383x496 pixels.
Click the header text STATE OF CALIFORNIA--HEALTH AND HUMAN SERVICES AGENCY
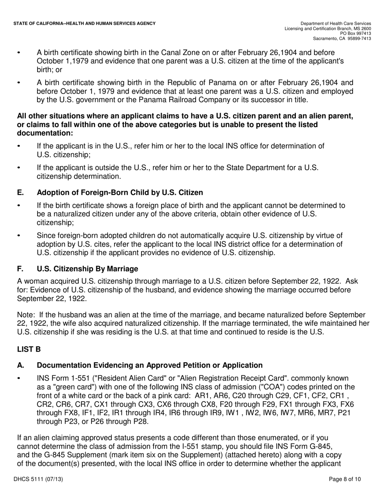(x=84, y=24)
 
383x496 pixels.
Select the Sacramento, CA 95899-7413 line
(x=342, y=39)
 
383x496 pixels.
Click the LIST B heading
(x=29, y=349)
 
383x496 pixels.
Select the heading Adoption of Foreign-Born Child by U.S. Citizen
(x=120, y=192)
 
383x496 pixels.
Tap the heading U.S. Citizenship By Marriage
(x=87, y=269)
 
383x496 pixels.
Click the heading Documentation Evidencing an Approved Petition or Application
(x=150, y=365)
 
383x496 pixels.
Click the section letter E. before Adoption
(x=20, y=192)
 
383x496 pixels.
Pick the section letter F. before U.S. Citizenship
(x=20, y=269)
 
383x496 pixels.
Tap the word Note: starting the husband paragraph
(x=25, y=315)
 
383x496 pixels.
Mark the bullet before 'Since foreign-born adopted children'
(x=19, y=235)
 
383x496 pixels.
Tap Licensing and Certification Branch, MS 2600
(x=327, y=29)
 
